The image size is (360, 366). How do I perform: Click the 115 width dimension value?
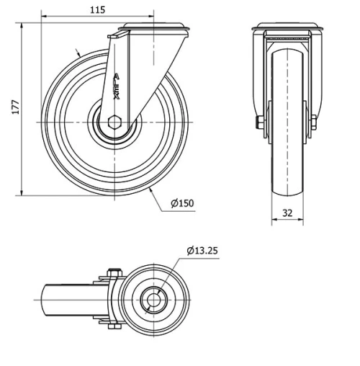point(98,9)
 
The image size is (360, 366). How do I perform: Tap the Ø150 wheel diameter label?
point(183,203)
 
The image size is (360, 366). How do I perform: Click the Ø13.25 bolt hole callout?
point(202,251)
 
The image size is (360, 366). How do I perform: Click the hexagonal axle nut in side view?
point(116,122)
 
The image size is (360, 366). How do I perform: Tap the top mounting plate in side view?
point(154,29)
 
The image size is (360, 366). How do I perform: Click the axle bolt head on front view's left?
point(258,122)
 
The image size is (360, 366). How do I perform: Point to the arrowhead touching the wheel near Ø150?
point(150,191)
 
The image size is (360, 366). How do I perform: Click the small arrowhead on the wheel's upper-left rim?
point(78,53)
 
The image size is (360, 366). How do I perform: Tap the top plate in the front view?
point(288,30)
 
